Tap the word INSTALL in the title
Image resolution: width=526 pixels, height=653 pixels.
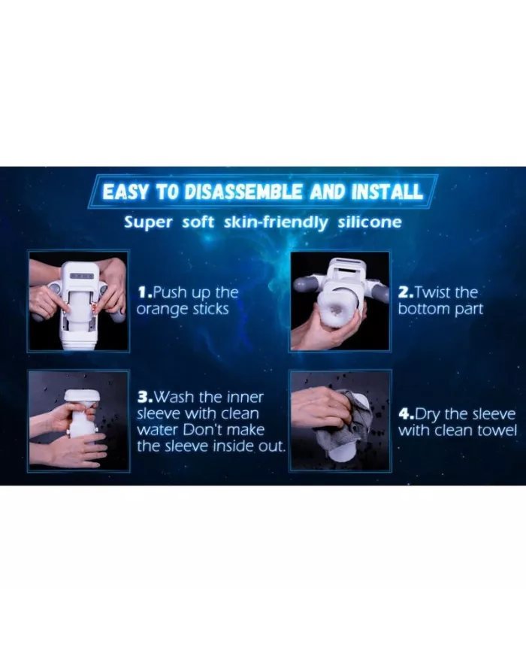(387, 192)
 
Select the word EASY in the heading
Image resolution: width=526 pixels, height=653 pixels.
(125, 192)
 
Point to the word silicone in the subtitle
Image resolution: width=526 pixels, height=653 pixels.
(370, 222)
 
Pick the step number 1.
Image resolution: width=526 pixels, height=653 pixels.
(144, 292)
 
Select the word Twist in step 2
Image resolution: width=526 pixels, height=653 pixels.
(433, 292)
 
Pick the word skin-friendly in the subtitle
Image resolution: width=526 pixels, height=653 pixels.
(276, 222)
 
